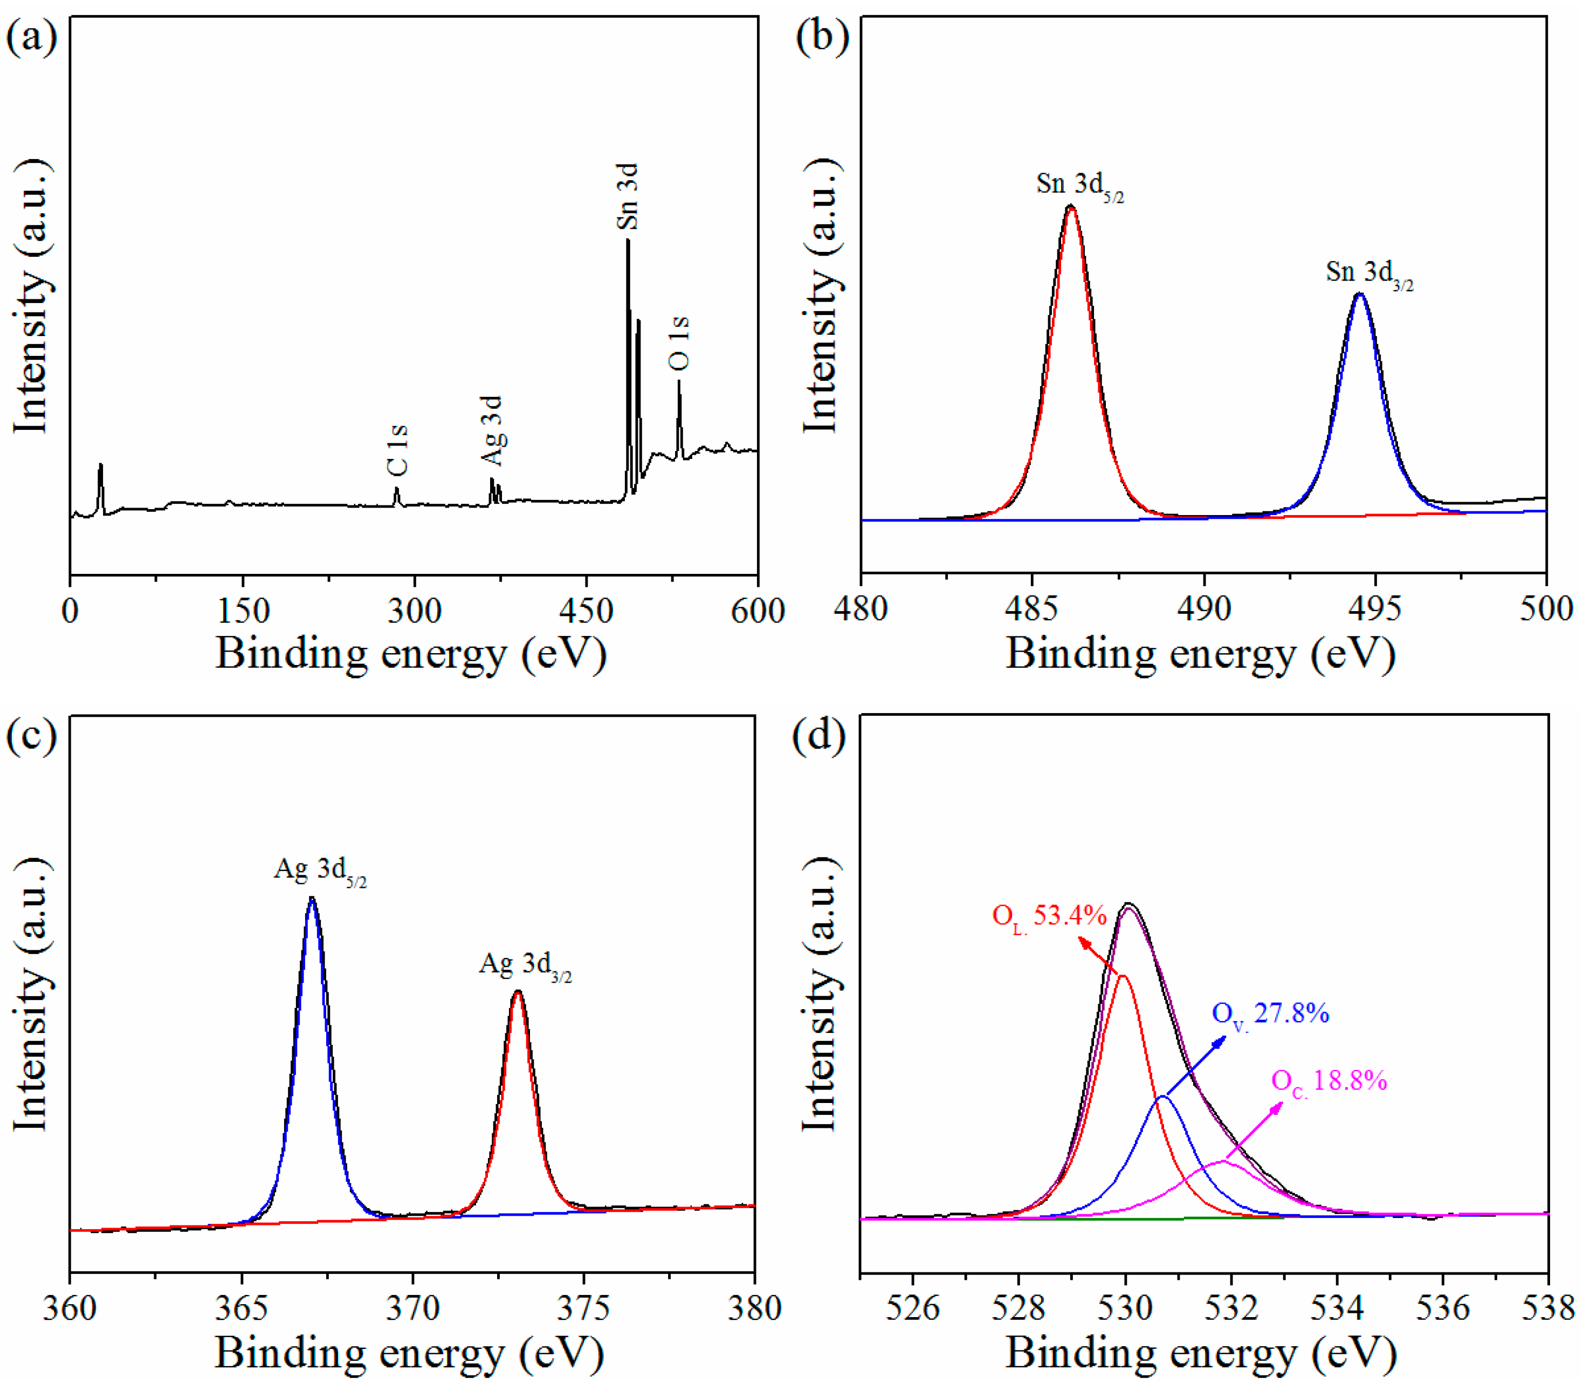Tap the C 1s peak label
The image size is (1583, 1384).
tap(397, 450)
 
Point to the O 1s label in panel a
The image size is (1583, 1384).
tap(679, 343)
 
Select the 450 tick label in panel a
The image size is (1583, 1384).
tap(586, 611)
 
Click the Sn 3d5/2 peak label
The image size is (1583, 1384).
tap(1079, 186)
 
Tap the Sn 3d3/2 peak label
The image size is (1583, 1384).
tap(1369, 273)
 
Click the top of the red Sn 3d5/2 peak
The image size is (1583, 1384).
tap(1071, 207)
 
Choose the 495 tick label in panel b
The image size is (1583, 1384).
tap(1374, 608)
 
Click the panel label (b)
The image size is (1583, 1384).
tap(822, 38)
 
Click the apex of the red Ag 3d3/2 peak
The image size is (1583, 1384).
tap(518, 992)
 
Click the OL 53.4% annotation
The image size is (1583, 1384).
tap(1049, 917)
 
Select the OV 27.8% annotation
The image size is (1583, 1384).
tap(1270, 1014)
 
